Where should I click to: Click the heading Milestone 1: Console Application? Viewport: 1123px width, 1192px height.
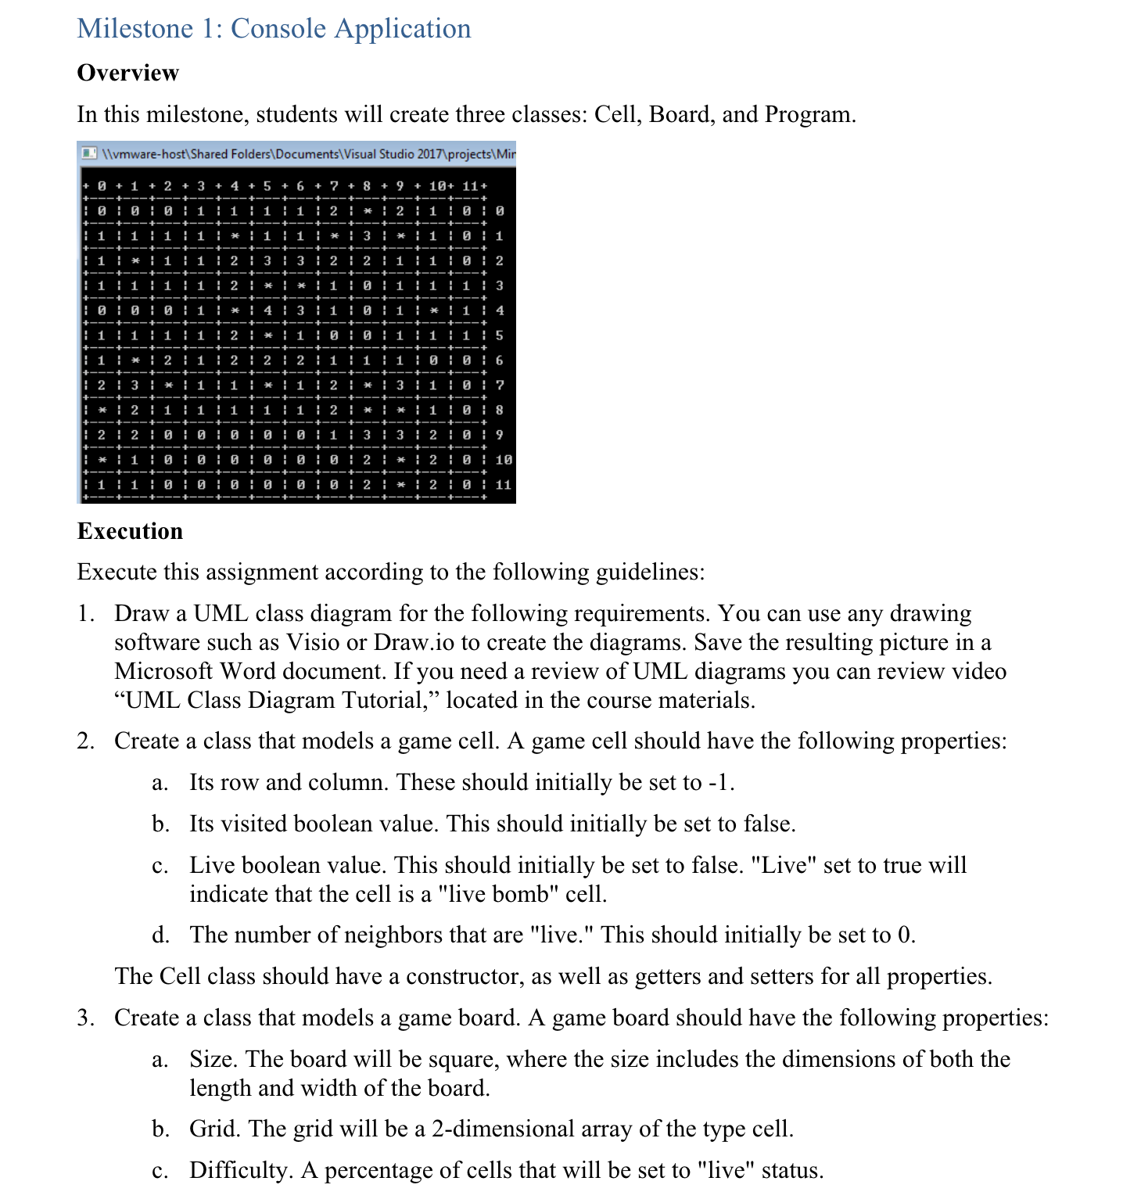tap(274, 28)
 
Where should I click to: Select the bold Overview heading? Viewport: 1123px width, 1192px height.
tap(128, 73)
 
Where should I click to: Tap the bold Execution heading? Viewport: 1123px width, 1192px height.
tap(130, 531)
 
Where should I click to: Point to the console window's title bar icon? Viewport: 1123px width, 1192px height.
tap(89, 153)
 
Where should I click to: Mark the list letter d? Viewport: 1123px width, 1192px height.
tap(160, 935)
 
